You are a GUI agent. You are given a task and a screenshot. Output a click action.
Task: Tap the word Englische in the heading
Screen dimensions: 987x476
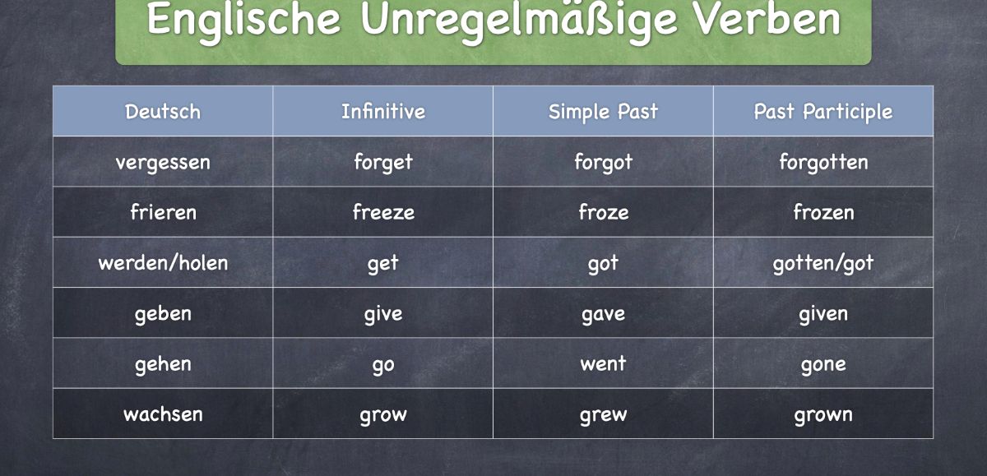[x=243, y=21]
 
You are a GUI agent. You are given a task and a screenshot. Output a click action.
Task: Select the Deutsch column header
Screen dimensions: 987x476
[x=163, y=112]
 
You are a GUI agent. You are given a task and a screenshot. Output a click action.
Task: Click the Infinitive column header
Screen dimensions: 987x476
[x=383, y=112]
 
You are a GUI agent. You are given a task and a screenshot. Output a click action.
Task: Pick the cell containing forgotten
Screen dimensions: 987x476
[x=823, y=162]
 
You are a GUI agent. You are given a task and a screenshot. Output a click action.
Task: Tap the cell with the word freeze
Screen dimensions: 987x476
[x=383, y=212]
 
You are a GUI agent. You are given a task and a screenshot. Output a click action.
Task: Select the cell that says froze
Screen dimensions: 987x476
[x=603, y=212]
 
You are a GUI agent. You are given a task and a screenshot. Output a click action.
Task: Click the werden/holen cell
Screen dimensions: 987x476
[x=163, y=263]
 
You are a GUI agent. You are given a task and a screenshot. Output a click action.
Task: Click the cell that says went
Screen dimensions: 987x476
[x=603, y=363]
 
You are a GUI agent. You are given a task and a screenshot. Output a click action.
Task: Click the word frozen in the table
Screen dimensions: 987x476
[x=823, y=212]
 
